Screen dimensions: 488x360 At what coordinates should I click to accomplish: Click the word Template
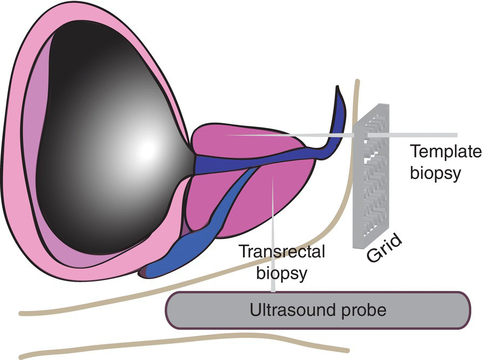(446, 152)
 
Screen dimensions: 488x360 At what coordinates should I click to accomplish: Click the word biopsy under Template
(436, 174)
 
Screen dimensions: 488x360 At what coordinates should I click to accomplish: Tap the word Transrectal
(282, 252)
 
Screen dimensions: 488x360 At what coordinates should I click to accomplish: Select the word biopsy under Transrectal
(282, 273)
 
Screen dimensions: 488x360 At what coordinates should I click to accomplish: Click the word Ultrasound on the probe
(292, 310)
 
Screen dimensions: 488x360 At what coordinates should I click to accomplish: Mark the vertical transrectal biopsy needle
(273, 234)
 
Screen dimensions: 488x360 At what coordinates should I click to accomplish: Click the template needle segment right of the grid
(412, 135)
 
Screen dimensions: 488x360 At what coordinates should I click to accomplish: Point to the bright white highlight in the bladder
(146, 150)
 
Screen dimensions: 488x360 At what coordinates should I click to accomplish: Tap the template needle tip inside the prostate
(226, 135)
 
